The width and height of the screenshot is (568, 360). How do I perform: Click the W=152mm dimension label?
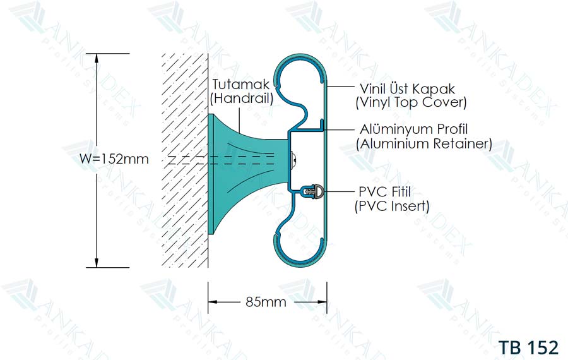[x=114, y=159]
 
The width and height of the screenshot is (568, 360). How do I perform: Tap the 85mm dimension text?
[x=266, y=302]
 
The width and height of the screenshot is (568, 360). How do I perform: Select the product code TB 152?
[x=528, y=347]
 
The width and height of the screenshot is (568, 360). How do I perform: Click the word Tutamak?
[x=240, y=85]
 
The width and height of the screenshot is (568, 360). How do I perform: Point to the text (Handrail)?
[x=242, y=99]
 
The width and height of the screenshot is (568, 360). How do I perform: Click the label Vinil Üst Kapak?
[x=407, y=88]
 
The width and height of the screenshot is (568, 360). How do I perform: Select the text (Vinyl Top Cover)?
[x=411, y=102]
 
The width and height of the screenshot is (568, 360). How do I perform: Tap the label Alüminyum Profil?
[x=413, y=129]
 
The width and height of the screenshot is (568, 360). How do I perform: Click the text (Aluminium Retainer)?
[x=424, y=143]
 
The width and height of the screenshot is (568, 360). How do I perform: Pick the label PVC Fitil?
[x=385, y=191]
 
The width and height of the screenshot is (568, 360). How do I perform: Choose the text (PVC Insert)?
[x=392, y=206]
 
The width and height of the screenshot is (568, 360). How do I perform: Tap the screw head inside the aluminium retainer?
[x=295, y=159]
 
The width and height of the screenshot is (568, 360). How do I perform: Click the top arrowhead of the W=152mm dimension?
[x=97, y=58]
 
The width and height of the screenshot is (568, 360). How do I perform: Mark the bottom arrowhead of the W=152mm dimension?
[x=97, y=263]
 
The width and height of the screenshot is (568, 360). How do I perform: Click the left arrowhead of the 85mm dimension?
[x=213, y=302]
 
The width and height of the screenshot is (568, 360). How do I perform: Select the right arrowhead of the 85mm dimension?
[x=322, y=302]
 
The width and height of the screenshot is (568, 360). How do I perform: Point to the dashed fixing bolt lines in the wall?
[x=221, y=160]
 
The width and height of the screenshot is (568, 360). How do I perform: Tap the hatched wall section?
[x=185, y=160]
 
